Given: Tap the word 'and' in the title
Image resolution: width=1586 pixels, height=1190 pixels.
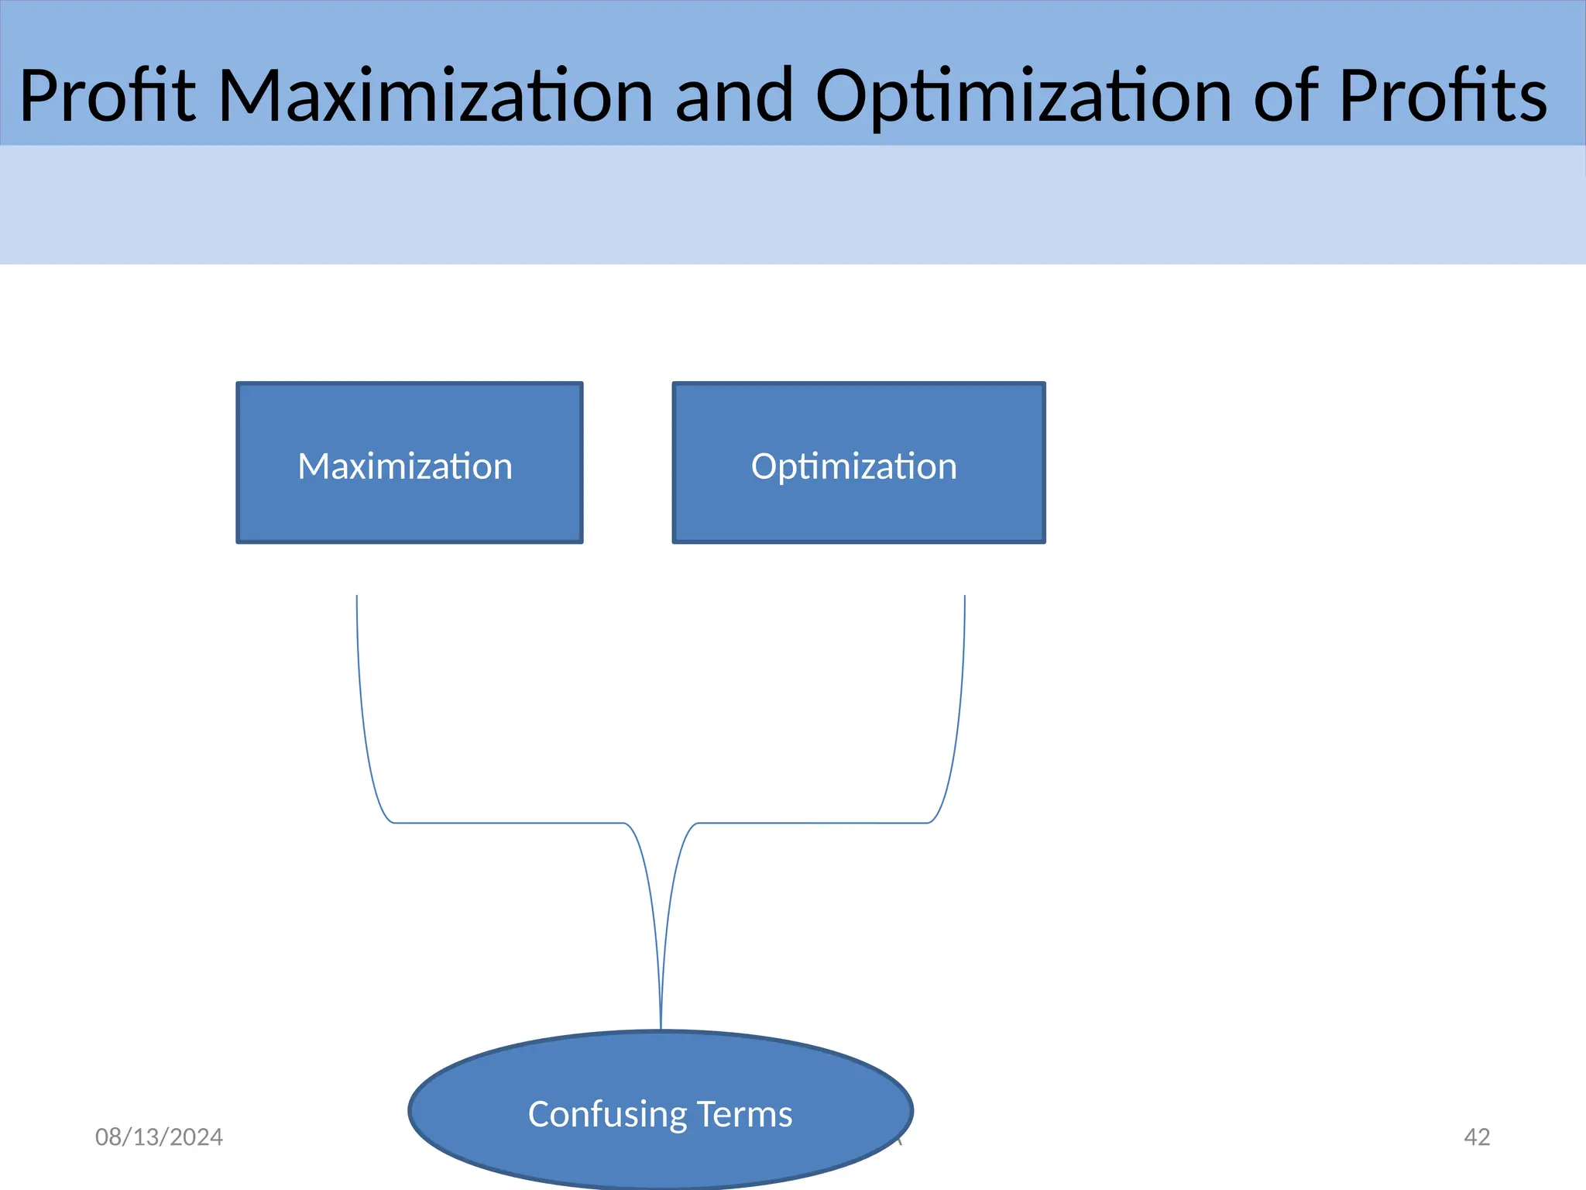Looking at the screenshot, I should pos(734,96).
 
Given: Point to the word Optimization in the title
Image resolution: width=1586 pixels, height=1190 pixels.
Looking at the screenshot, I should pos(1023,96).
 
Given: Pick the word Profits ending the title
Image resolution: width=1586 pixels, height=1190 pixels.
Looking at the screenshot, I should pos(1443,96).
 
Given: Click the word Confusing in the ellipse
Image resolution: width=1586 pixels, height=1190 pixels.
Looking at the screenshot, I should pos(607,1114).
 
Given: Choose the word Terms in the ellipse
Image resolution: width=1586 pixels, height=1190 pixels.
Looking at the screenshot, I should pos(744,1114).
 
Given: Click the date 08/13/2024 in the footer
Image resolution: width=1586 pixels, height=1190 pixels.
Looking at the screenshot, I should pos(159,1137).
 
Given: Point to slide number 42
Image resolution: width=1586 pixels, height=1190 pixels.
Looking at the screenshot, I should pos(1477,1137).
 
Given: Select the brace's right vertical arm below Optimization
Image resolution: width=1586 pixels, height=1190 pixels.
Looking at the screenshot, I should pos(962,682).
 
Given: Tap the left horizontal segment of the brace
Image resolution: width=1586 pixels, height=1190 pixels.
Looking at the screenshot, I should pos(507,823).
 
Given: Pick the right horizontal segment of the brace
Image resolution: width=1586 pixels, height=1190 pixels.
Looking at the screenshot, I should pos(813,823).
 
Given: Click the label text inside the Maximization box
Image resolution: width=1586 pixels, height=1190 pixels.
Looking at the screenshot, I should pos(405,466).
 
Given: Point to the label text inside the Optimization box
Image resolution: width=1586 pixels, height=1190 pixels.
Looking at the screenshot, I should pos(853,466).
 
